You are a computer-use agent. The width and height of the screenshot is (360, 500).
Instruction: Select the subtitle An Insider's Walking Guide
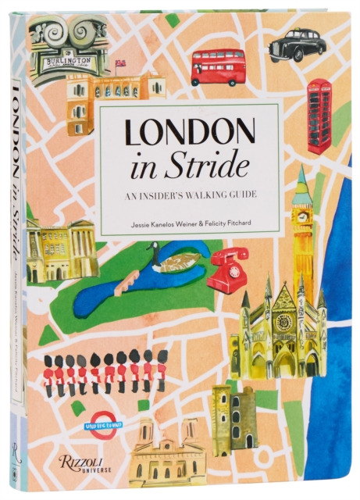coord(189,196)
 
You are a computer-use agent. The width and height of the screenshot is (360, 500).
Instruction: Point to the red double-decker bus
coord(218,67)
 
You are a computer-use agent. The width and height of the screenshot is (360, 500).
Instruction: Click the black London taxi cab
coord(297,45)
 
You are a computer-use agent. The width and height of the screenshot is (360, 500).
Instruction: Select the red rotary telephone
coord(227,270)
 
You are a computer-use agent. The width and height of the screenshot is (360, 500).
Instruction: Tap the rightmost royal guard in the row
coord(162,371)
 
